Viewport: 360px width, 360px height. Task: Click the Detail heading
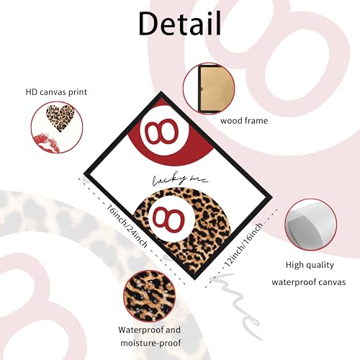[x=180, y=24]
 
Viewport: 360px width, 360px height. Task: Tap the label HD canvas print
[x=56, y=92]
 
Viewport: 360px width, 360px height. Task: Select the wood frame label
[x=244, y=120]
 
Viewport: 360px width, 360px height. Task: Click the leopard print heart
[x=60, y=118]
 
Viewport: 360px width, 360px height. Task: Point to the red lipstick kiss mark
[x=47, y=143]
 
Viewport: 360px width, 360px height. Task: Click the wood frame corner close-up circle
[x=209, y=89]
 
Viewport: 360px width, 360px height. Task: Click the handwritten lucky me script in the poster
[x=181, y=180]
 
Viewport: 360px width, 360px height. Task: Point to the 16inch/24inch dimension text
[x=127, y=226]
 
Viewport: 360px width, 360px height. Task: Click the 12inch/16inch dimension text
[x=243, y=244]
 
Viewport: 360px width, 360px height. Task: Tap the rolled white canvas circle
[x=311, y=225]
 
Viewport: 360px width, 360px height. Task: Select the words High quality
[x=310, y=265]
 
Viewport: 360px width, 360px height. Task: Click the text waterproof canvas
[x=309, y=282]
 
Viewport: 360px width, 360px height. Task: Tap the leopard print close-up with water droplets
[x=149, y=296]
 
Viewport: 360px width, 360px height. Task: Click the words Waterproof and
[x=149, y=330]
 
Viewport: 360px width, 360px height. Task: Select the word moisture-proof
[x=150, y=343]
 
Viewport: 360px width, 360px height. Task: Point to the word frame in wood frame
[x=256, y=120]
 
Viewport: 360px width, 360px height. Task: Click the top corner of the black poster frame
[x=161, y=92]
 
